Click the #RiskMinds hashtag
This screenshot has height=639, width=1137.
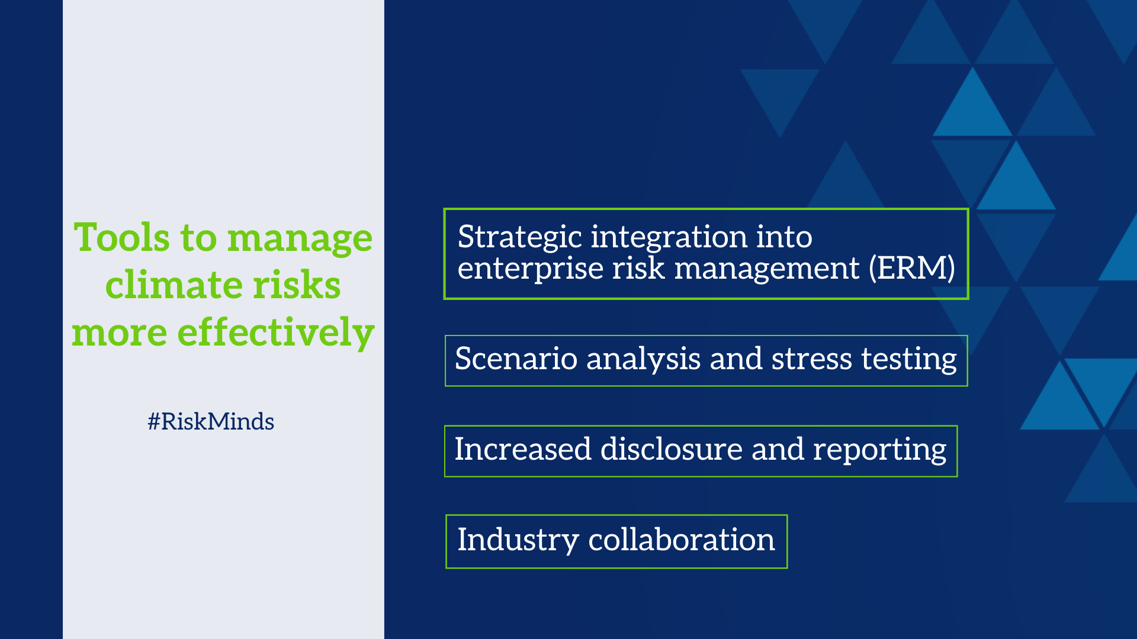click(x=211, y=421)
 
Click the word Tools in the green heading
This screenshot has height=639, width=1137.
click(x=122, y=237)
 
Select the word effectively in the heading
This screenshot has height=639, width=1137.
click(x=276, y=333)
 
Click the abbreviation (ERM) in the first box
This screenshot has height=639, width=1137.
click(x=912, y=268)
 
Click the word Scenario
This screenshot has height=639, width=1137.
click(x=516, y=359)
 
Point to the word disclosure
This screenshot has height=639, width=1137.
click(x=672, y=448)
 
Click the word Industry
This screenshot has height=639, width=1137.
click(x=518, y=540)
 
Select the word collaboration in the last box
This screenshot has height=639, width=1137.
click(x=681, y=539)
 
